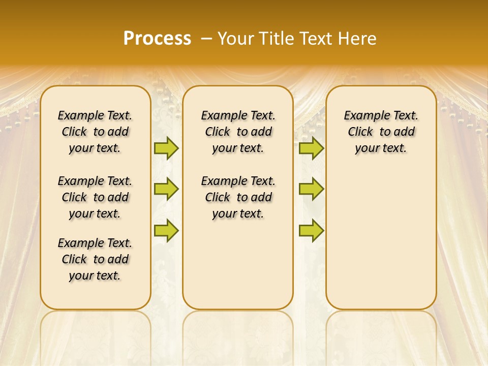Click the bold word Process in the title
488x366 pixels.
coord(157,39)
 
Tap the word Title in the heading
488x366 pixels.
coord(277,39)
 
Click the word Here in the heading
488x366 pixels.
coord(358,39)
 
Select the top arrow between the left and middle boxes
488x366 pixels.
coord(166,148)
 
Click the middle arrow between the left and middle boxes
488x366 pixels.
coord(166,189)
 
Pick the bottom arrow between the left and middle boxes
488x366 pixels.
coord(166,230)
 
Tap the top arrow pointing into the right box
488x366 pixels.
coord(311,148)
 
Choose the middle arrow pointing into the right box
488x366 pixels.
coord(311,189)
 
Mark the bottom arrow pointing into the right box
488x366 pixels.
coord(311,230)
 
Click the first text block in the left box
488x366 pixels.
coord(95,132)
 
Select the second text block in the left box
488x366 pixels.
coord(95,197)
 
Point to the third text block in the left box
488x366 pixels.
coord(95,259)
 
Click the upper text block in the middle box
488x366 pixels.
coord(238,132)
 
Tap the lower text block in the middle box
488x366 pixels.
coord(238,197)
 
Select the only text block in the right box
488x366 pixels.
coord(381,132)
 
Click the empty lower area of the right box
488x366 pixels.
coord(381,239)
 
